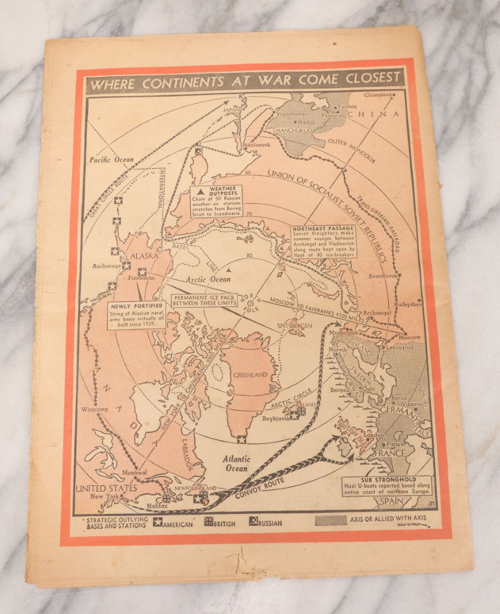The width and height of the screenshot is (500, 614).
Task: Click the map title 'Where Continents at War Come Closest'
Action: tap(245, 81)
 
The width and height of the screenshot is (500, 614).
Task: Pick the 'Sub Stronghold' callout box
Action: tap(388, 485)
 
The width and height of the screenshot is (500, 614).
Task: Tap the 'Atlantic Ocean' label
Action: tap(235, 463)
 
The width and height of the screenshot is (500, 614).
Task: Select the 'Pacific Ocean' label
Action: tap(111, 160)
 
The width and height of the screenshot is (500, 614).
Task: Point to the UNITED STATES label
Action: tap(107, 488)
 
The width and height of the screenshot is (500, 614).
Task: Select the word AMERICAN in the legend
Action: tap(178, 524)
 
